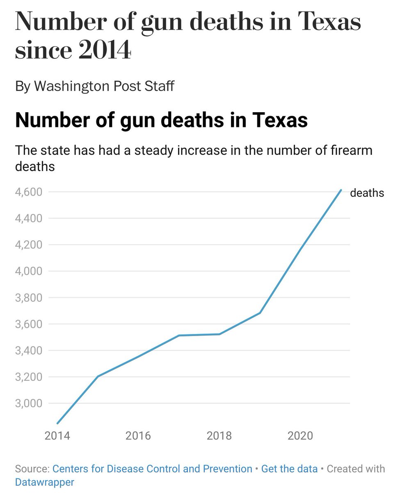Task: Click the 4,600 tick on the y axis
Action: click(28, 192)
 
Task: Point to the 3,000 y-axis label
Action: click(28, 403)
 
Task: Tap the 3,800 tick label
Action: click(28, 298)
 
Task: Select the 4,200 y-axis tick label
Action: click(28, 245)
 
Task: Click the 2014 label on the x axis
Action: click(57, 435)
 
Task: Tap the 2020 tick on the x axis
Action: click(300, 435)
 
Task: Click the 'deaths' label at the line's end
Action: click(367, 193)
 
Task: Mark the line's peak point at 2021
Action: click(341, 190)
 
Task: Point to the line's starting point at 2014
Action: click(57, 423)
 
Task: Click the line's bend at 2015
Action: click(98, 376)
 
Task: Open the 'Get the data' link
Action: click(289, 469)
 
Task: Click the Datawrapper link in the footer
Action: click(44, 482)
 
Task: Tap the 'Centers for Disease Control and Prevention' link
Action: click(153, 469)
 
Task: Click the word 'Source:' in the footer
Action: click(32, 469)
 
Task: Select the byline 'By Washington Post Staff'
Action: click(94, 86)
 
